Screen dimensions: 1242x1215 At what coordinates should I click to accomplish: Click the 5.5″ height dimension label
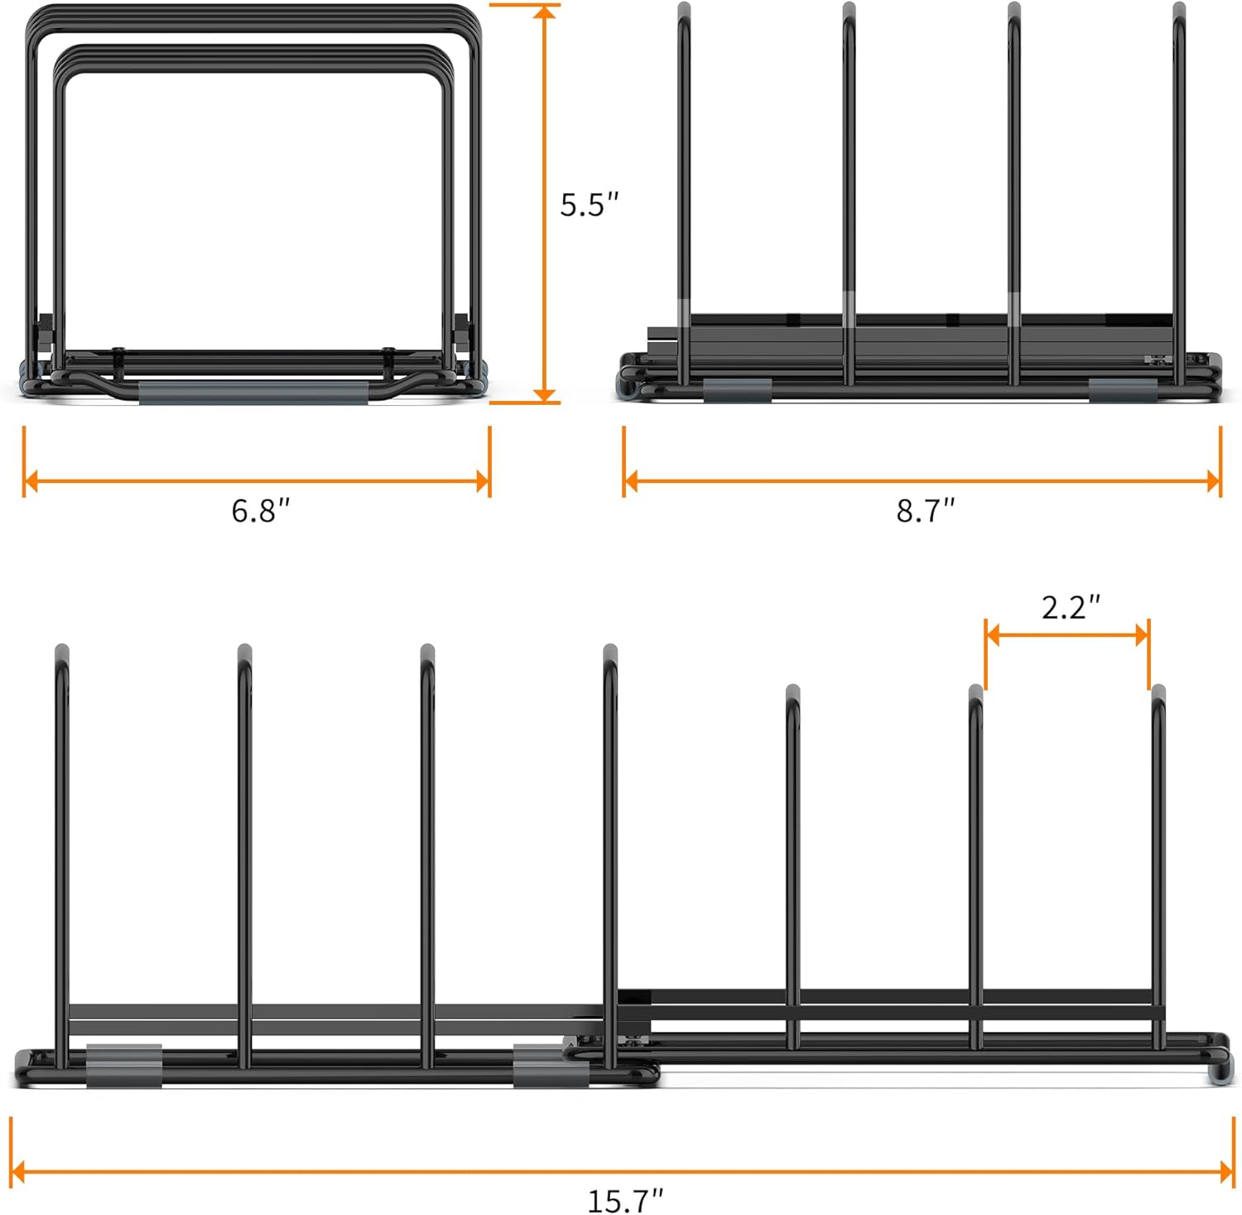[590, 205]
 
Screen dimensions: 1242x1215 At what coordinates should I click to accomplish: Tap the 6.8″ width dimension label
[261, 510]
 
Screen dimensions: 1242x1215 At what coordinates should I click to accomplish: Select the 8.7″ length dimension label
[926, 510]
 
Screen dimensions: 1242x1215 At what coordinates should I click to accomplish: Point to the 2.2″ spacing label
[1071, 607]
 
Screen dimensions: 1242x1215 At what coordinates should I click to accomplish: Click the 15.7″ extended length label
[626, 1199]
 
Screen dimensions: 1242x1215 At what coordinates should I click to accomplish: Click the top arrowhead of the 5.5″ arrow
[545, 12]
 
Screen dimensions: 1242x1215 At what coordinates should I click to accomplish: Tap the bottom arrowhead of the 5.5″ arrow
[545, 394]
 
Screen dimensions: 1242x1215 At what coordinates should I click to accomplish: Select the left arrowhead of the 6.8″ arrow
[31, 480]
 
